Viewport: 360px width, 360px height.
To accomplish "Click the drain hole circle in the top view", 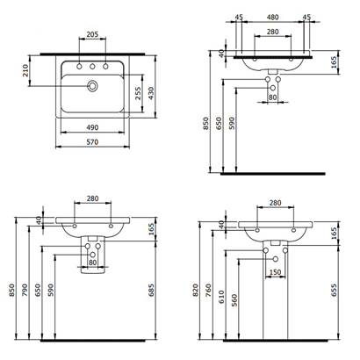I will pos(91,86).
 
